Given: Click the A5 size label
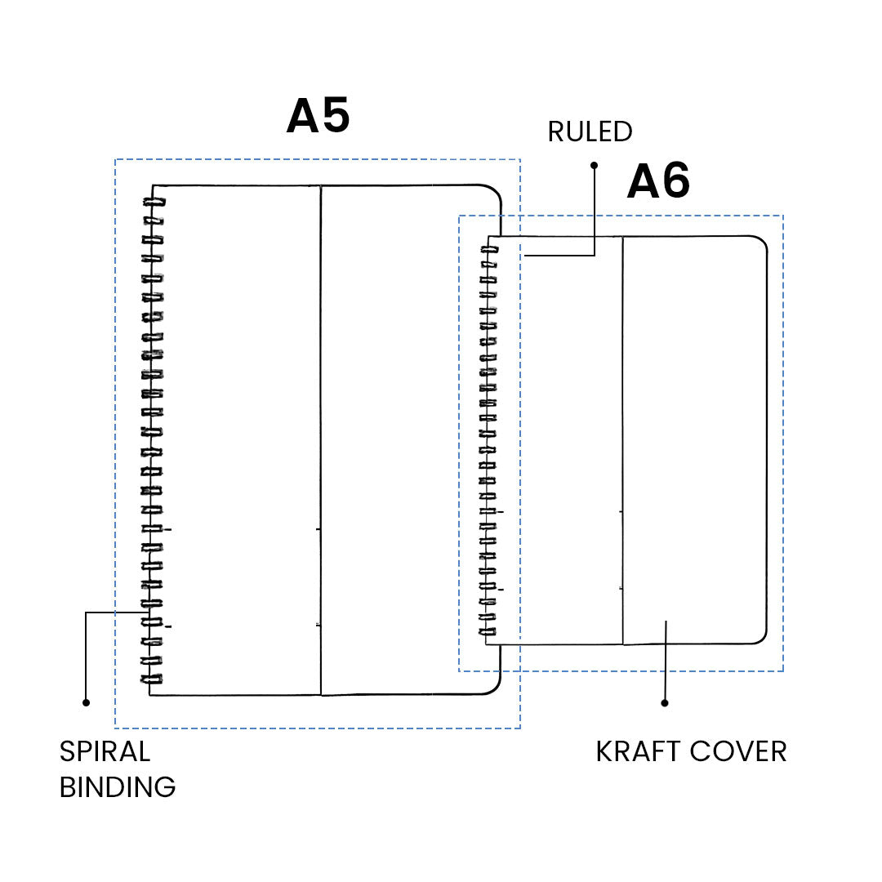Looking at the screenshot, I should pyautogui.click(x=318, y=116).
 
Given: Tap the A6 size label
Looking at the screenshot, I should pyautogui.click(x=658, y=181).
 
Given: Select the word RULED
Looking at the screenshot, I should pyautogui.click(x=590, y=131).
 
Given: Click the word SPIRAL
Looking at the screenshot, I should pyautogui.click(x=105, y=751).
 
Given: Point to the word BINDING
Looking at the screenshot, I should pyautogui.click(x=118, y=787).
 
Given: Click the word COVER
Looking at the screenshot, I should pyautogui.click(x=739, y=751).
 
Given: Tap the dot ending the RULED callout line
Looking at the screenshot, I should pyautogui.click(x=594, y=165).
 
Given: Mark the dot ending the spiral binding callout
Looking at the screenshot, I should pyautogui.click(x=86, y=702).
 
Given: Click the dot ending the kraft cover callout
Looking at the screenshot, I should pyautogui.click(x=665, y=702).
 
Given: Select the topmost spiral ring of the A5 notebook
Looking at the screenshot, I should pyautogui.click(x=154, y=202).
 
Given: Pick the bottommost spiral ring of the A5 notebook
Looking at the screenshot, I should pyautogui.click(x=153, y=679).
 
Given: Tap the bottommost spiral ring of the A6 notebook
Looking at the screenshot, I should pyautogui.click(x=488, y=632).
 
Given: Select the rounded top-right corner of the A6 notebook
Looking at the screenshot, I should pyautogui.click(x=759, y=243).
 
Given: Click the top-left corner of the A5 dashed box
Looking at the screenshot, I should pyautogui.click(x=115, y=159).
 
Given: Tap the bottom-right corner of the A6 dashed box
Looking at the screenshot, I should pyautogui.click(x=783, y=671).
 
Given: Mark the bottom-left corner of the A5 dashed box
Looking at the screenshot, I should pyautogui.click(x=115, y=728).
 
